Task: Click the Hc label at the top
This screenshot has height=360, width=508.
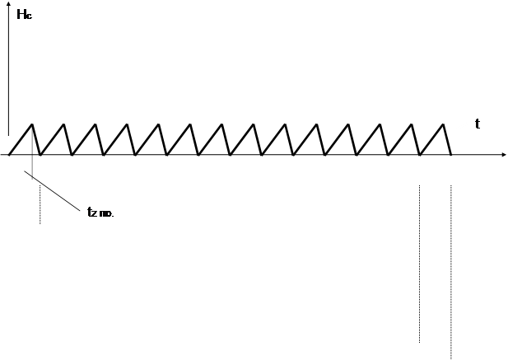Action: tap(26, 14)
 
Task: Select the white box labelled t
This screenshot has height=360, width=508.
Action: tap(487, 124)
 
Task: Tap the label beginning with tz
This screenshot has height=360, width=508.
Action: tap(104, 211)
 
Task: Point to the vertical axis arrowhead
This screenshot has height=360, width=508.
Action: tap(8, 6)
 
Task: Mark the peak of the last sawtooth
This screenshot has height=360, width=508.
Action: tap(444, 124)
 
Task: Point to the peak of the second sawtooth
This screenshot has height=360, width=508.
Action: tap(64, 124)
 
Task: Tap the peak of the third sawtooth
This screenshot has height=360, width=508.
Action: tap(96, 124)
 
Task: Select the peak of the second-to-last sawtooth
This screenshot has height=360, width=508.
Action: tap(412, 124)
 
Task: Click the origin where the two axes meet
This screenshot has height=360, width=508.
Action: tap(8, 155)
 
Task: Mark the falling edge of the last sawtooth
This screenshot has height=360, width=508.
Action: tap(448, 140)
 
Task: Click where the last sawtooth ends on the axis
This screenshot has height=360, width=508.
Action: tap(452, 155)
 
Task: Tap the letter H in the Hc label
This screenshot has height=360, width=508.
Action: tap(22, 14)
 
